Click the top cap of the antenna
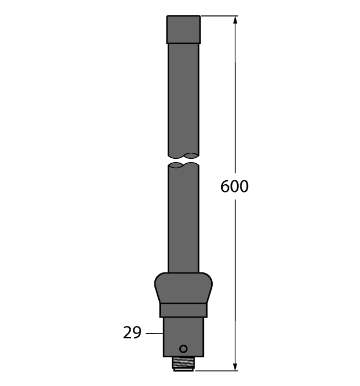(x=184, y=29)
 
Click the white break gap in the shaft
(x=184, y=159)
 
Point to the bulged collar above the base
(x=184, y=287)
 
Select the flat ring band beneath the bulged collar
(x=184, y=310)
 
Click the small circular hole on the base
(x=184, y=349)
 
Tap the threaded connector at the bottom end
(x=184, y=364)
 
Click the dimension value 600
(x=234, y=187)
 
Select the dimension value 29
(x=132, y=333)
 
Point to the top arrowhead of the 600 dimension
(x=236, y=20)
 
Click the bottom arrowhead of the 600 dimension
(x=236, y=366)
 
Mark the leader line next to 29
(x=154, y=333)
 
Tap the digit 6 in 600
(x=225, y=187)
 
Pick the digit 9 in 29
(x=137, y=333)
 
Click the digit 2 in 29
(x=127, y=333)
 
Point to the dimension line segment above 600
(x=236, y=99)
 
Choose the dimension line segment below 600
(x=236, y=276)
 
